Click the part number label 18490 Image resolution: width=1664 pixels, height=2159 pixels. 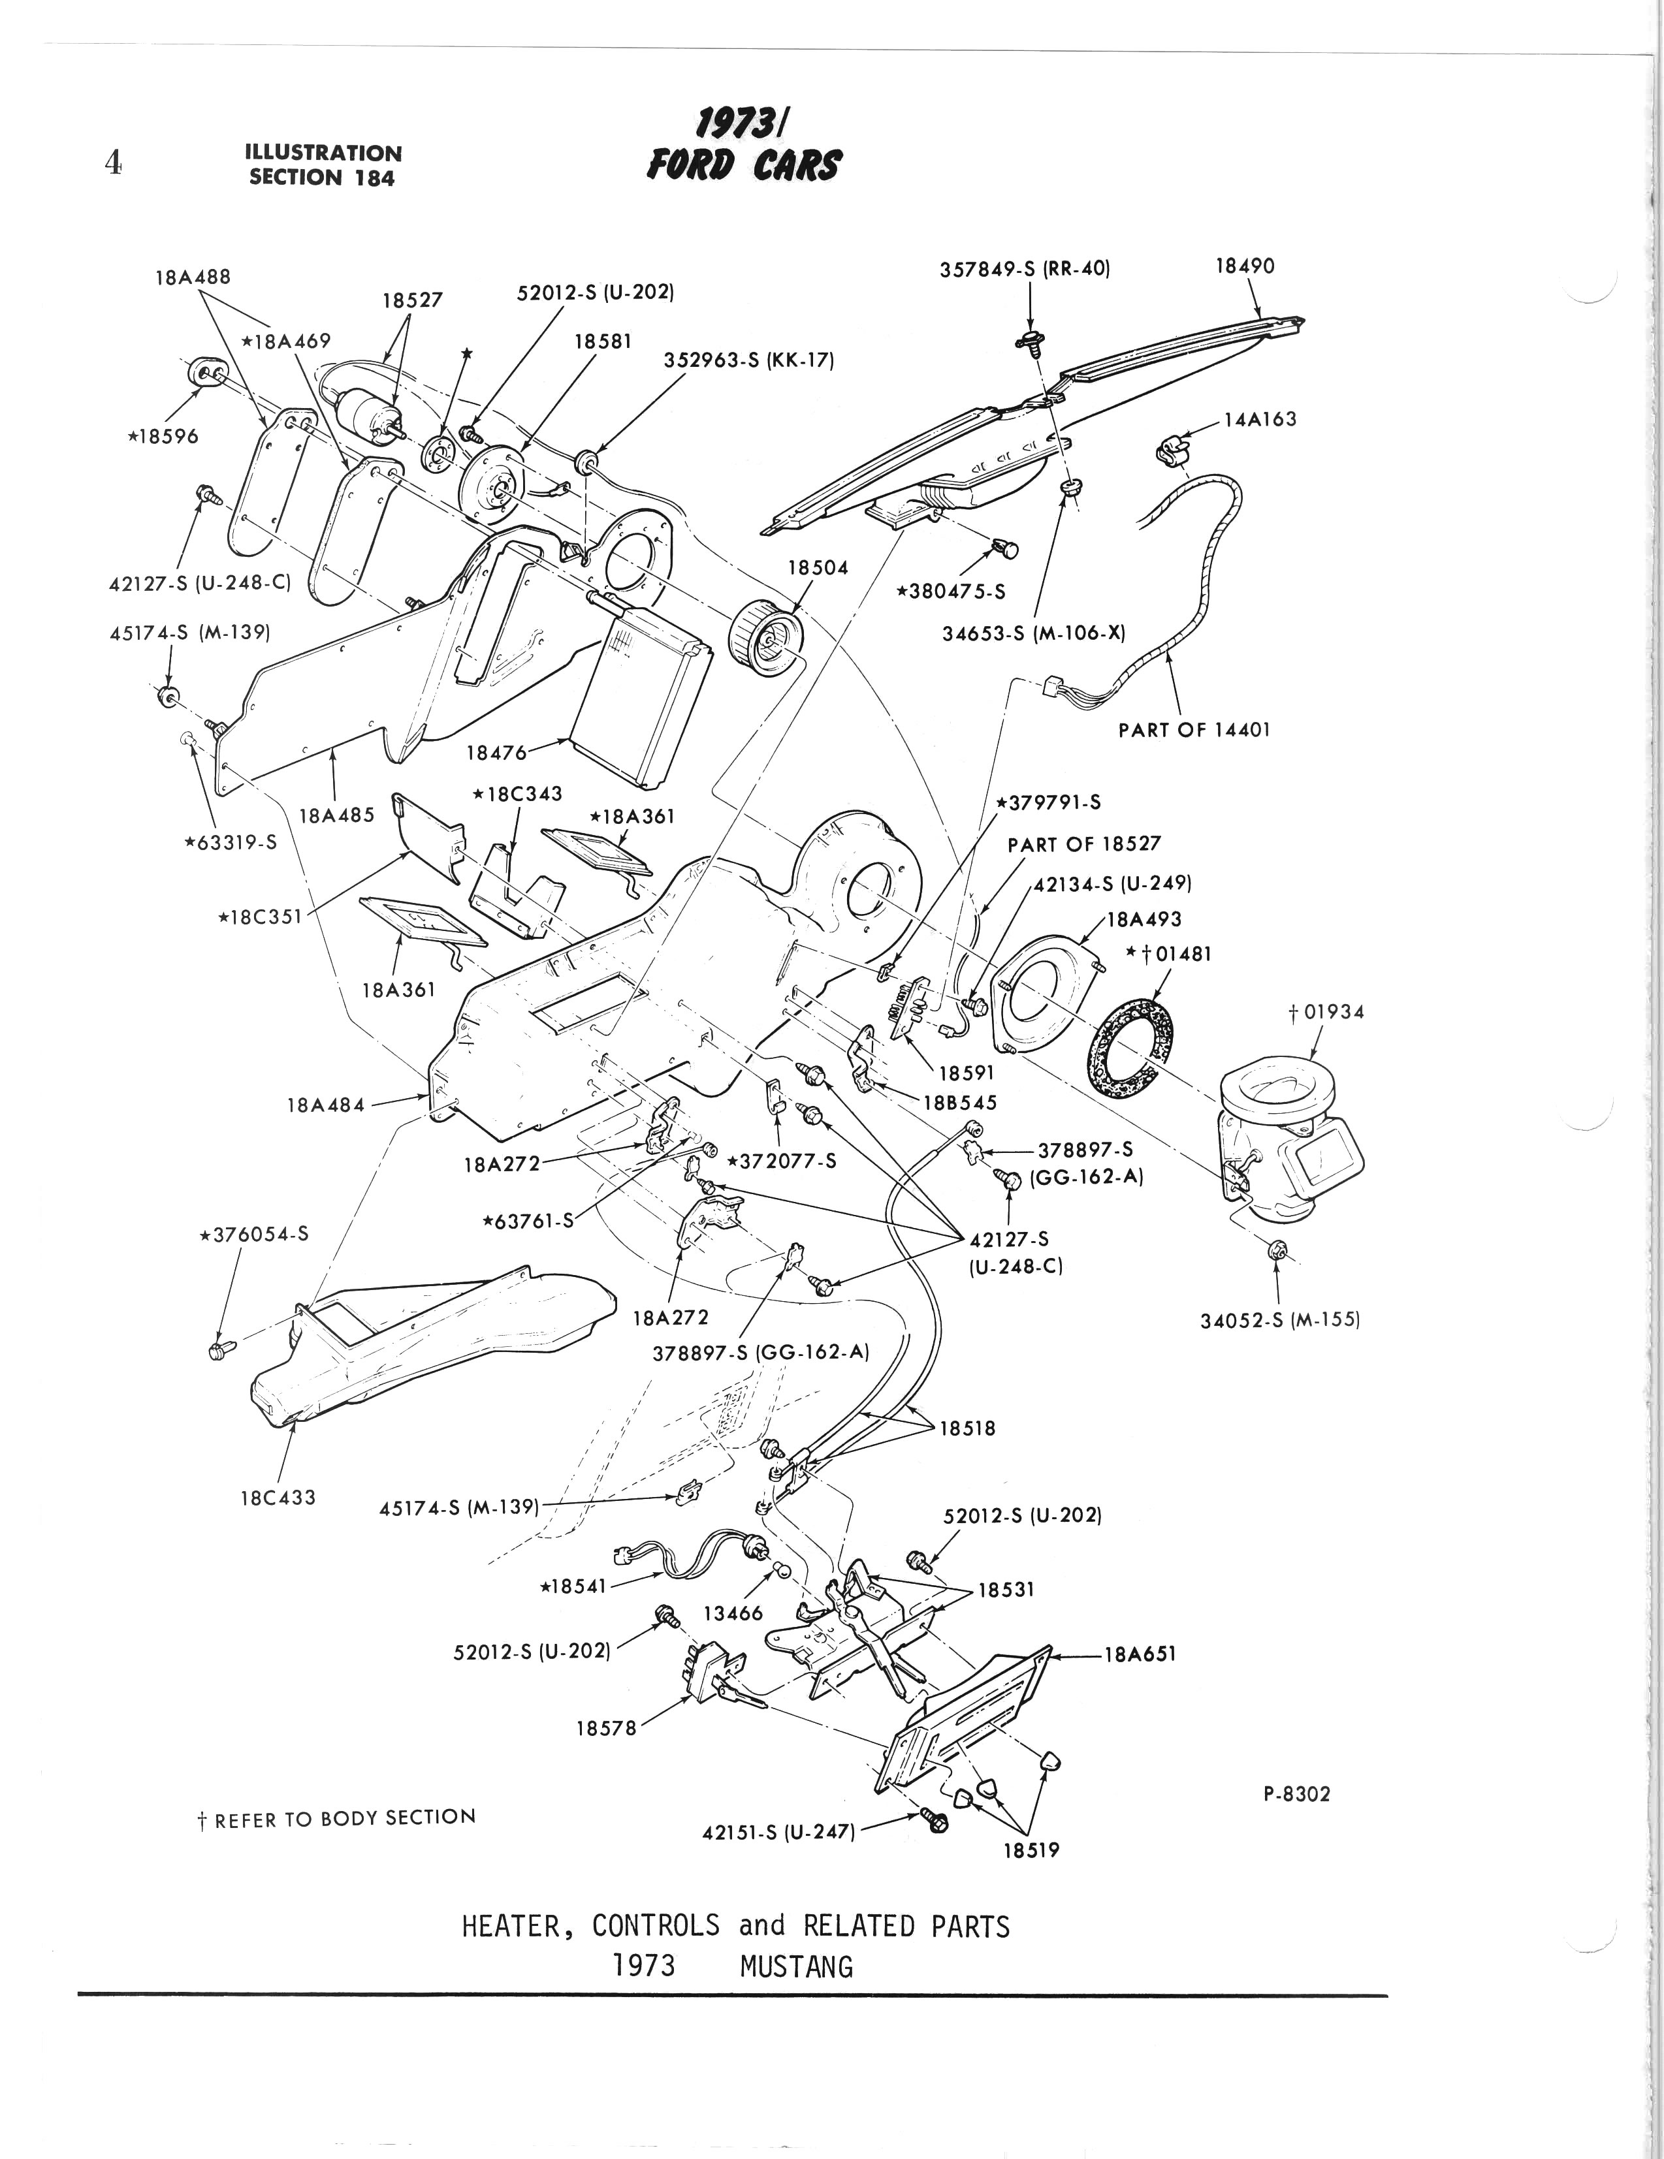click(x=1244, y=266)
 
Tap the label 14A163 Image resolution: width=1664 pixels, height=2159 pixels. click(x=1260, y=419)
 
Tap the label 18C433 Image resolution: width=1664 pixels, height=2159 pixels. click(x=278, y=1498)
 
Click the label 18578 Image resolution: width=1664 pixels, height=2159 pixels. click(x=606, y=1729)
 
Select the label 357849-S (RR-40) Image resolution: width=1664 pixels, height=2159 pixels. click(x=1025, y=268)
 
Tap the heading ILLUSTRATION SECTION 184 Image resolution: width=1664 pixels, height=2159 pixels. click(x=325, y=165)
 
